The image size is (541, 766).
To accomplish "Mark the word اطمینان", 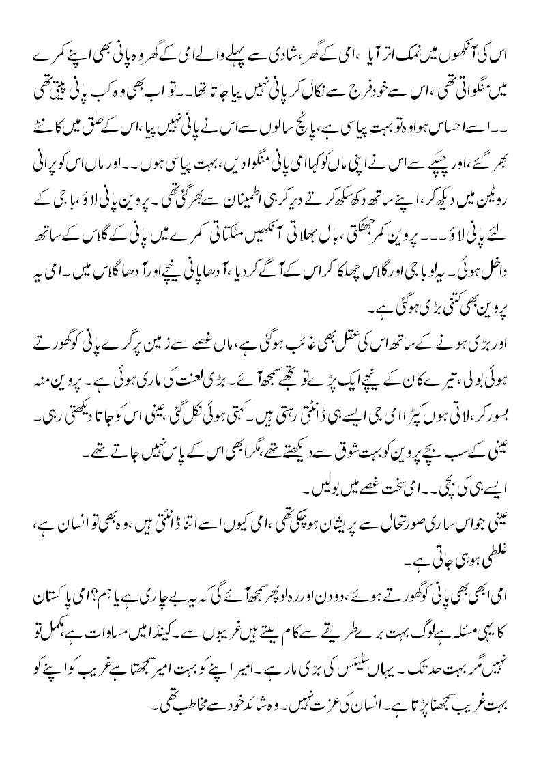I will pos(265,183).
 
